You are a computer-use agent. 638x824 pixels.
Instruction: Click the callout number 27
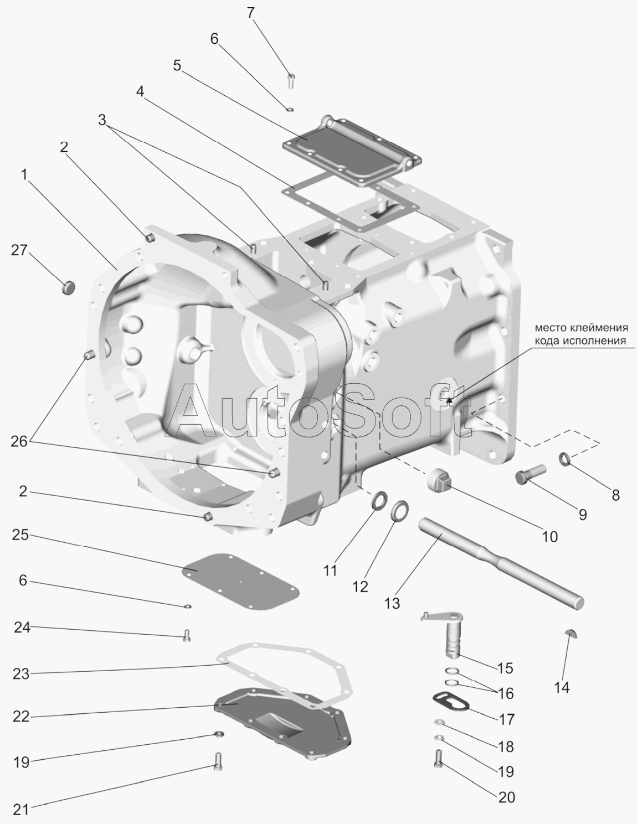[19, 251]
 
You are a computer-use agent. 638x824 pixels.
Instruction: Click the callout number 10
[550, 537]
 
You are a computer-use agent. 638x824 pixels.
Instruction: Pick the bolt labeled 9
[531, 474]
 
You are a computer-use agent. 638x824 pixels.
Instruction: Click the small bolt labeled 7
[291, 81]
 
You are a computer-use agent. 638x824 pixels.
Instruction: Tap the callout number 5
[177, 65]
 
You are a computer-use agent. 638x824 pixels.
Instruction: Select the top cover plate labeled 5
[352, 152]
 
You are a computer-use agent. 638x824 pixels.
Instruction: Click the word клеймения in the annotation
[600, 328]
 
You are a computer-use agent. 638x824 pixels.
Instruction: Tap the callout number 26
[19, 442]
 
